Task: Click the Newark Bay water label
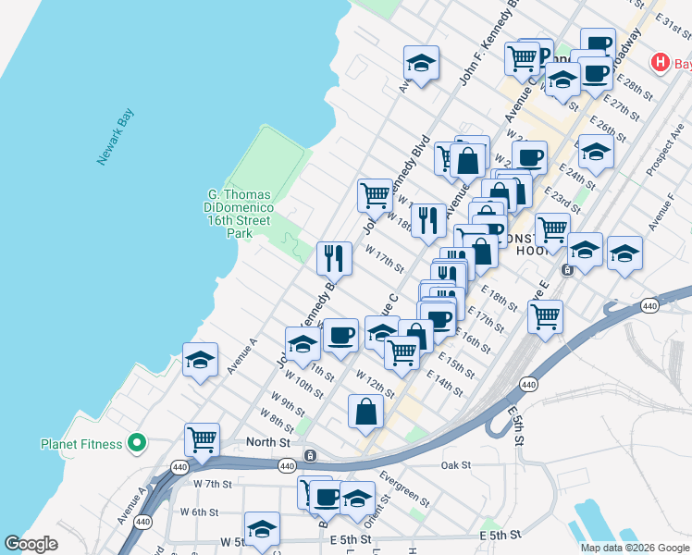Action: tap(117, 138)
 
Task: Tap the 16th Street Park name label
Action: tap(240, 214)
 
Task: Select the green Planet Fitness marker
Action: tap(137, 444)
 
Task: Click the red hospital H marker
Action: tap(661, 63)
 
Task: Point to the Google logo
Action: tap(31, 544)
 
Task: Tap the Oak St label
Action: tap(456, 465)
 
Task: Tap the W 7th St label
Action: tap(212, 484)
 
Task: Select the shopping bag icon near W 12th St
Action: tap(366, 410)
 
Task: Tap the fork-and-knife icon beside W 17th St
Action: tap(334, 257)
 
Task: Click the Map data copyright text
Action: tap(635, 548)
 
